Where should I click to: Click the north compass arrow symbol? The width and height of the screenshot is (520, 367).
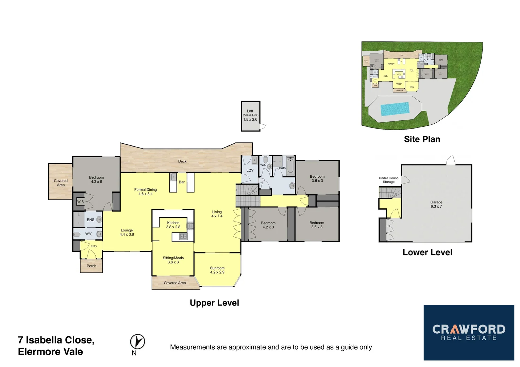137,342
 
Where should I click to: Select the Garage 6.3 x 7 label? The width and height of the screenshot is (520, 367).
436,204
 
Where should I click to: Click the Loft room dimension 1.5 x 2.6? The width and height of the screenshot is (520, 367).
250,119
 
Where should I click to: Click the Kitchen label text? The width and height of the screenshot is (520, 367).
173,223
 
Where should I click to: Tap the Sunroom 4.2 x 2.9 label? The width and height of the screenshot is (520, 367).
217,270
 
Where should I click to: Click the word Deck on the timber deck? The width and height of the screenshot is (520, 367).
182,161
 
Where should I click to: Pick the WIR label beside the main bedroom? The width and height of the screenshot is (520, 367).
80,202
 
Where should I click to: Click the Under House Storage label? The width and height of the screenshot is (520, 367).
388,180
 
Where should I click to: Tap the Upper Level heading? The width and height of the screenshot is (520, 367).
214,303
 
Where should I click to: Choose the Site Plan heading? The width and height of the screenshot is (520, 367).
422,139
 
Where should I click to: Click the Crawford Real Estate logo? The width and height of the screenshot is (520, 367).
469,332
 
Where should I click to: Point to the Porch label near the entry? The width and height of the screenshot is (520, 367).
91,266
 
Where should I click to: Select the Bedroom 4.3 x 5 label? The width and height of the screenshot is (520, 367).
96,179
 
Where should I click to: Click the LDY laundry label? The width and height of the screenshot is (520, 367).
250,170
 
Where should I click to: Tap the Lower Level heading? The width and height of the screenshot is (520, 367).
427,252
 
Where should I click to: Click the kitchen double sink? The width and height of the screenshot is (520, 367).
183,237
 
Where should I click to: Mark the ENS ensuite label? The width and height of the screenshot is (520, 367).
90,220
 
